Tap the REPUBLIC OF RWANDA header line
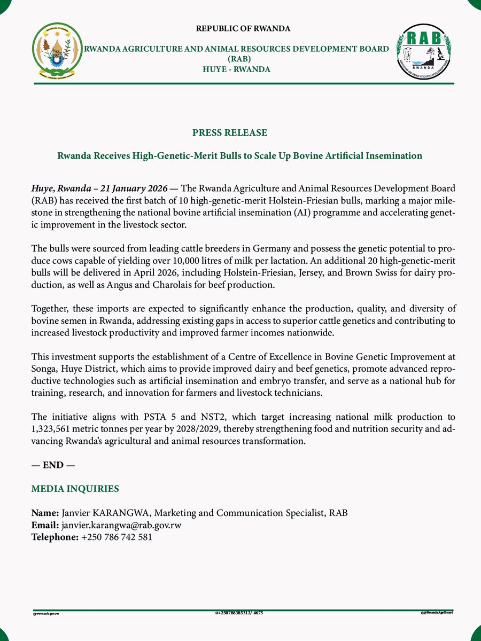(243, 28)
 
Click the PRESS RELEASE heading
(230, 132)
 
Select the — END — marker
(53, 465)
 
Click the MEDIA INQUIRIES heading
(75, 489)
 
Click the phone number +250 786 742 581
(117, 537)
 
